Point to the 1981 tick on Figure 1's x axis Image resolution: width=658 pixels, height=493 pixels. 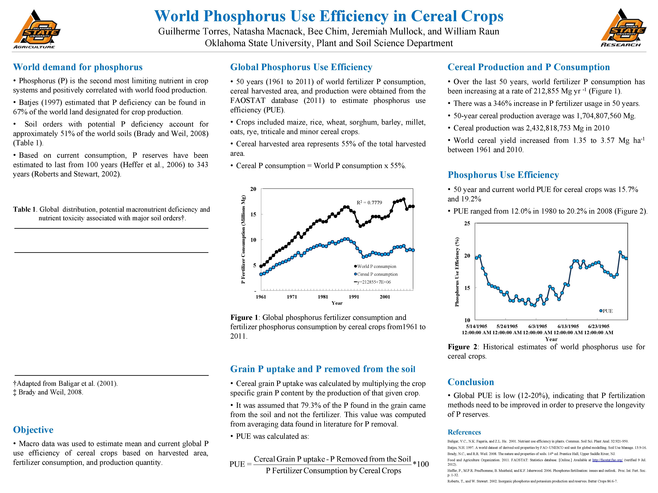tap(323, 297)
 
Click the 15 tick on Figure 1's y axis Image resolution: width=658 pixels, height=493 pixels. tap(253, 214)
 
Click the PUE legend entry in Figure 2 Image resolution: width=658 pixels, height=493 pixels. tap(607, 311)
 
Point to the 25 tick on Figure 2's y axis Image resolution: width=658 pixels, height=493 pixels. tap(467, 224)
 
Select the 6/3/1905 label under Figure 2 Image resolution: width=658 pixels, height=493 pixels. tap(538, 326)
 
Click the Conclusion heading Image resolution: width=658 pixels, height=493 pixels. tap(471, 382)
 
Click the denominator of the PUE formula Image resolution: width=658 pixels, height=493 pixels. tap(333, 471)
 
